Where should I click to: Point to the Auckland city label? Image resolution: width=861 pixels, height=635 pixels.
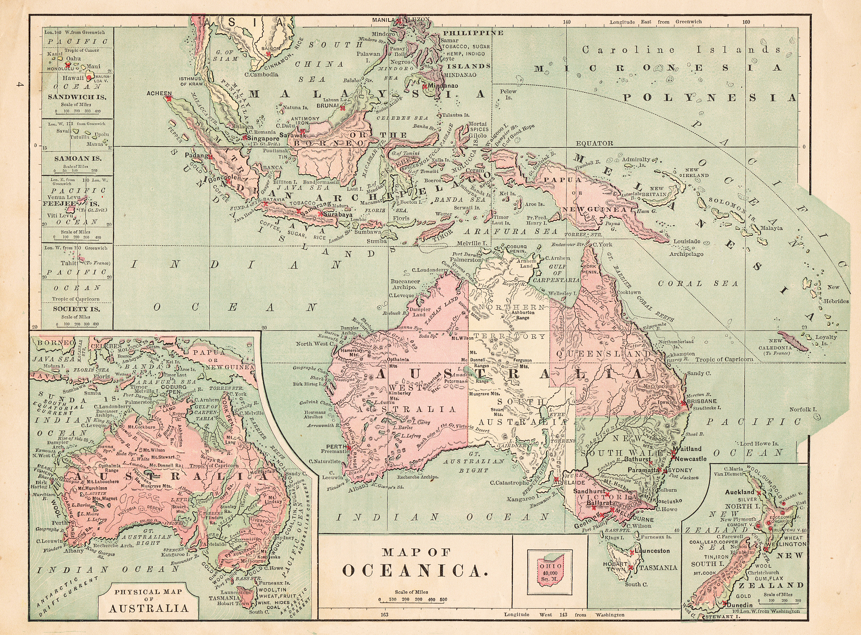point(739,492)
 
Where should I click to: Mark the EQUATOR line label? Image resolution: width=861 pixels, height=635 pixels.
point(594,143)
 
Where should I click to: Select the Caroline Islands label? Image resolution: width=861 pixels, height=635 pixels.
point(681,50)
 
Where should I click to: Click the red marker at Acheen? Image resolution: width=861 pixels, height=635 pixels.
point(169,99)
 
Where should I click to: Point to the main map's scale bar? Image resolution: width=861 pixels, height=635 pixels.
point(413,600)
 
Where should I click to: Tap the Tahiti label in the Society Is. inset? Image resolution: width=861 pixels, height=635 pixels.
point(69,263)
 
